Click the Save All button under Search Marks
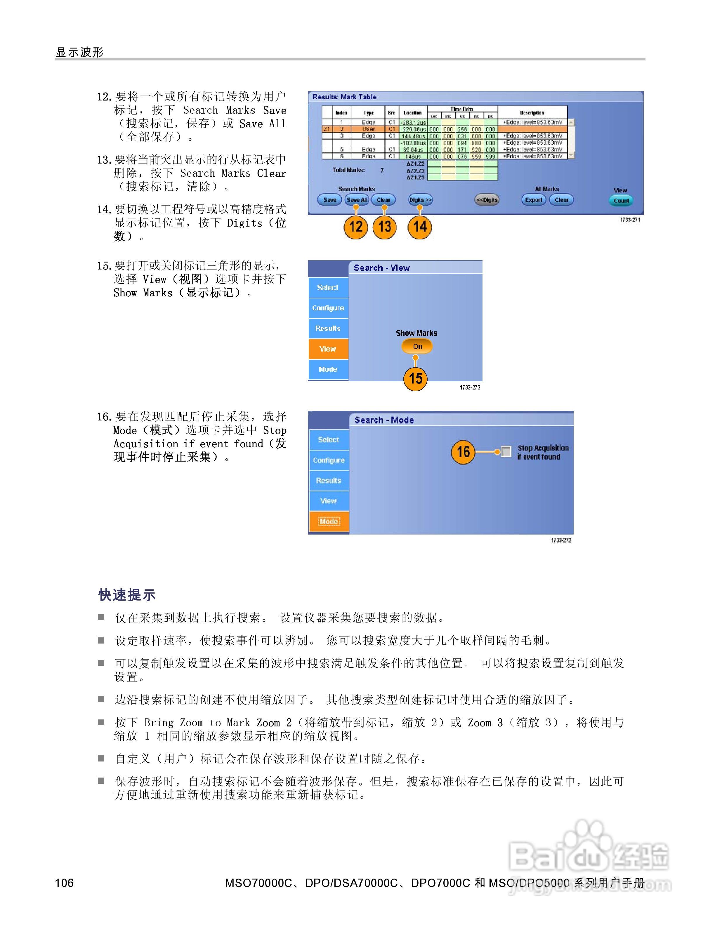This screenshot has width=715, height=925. click(357, 200)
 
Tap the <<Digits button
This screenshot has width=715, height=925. click(487, 200)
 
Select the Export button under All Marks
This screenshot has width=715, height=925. click(533, 200)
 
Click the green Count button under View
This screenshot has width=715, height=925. click(621, 201)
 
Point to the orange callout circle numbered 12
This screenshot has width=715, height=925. click(355, 227)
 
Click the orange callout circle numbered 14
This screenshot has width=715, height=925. click(419, 227)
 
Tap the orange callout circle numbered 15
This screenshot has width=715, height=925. click(415, 378)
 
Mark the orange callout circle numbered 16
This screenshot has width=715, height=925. click(463, 452)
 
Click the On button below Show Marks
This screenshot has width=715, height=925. click(417, 347)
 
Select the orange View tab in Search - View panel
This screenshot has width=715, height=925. click(328, 349)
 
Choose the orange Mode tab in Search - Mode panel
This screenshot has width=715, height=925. click(329, 521)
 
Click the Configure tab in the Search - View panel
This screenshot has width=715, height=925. click(328, 308)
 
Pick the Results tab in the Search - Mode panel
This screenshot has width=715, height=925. click(329, 480)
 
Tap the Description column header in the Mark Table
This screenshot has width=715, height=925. click(532, 113)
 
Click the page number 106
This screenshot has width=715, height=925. click(64, 883)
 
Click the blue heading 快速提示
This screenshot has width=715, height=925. click(127, 595)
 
